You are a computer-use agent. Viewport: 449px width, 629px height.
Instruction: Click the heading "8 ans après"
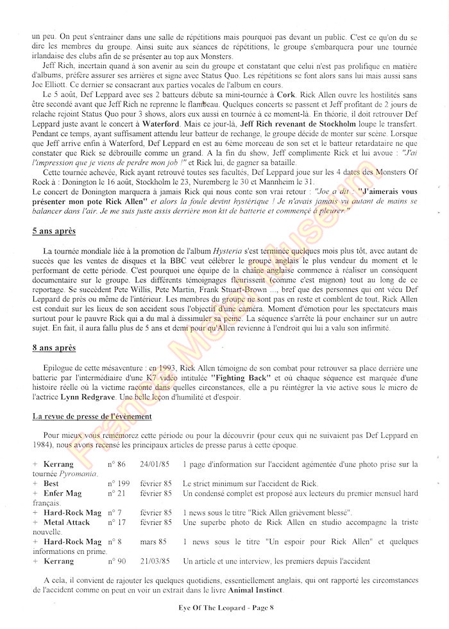55,348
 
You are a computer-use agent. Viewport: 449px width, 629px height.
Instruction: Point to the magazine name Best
51,483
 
